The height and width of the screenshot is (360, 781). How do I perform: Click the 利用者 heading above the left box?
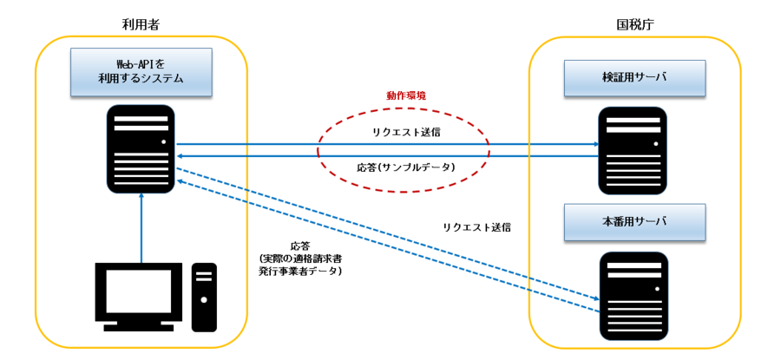[x=141, y=24]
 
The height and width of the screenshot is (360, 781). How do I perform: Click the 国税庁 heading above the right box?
[x=634, y=24]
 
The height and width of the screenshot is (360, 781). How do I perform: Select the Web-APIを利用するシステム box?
[x=141, y=72]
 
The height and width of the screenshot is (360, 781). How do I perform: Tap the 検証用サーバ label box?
[x=634, y=78]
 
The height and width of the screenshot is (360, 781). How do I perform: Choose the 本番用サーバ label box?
[x=634, y=222]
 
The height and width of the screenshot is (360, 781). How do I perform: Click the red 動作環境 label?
[x=404, y=95]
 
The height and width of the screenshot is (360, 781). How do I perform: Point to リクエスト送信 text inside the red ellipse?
[x=405, y=132]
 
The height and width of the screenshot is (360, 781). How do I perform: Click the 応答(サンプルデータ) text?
[x=405, y=166]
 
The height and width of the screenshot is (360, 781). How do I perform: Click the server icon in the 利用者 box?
[x=141, y=149]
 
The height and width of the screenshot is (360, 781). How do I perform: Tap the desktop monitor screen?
[x=140, y=291]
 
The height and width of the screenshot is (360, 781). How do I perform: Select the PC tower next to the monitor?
[x=204, y=297]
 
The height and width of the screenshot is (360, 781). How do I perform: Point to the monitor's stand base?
[x=140, y=326]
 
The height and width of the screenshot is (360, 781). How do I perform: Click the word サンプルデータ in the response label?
[x=417, y=166]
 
